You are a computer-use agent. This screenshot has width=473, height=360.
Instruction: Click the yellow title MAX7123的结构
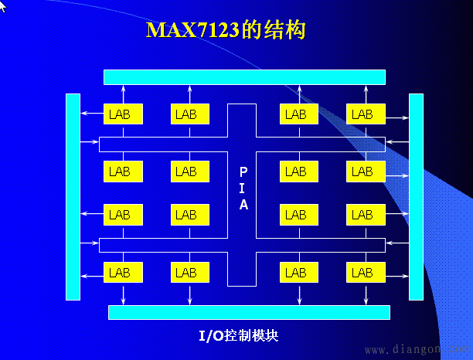(x=226, y=29)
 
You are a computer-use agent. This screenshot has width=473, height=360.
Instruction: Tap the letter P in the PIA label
(x=243, y=172)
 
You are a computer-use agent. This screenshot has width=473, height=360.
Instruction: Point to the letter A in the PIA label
(x=243, y=205)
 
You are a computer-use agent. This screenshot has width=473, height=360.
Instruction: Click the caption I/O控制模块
(x=238, y=335)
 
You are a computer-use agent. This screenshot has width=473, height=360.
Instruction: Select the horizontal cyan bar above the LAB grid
(x=244, y=77)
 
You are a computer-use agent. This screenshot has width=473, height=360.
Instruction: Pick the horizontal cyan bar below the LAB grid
(x=249, y=312)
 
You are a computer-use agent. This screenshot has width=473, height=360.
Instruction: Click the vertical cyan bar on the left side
(x=73, y=197)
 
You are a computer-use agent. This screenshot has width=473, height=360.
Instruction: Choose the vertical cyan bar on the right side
(x=416, y=197)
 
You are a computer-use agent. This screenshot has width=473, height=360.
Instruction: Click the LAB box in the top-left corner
(x=123, y=114)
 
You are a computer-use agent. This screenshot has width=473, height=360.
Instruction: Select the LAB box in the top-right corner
(x=366, y=114)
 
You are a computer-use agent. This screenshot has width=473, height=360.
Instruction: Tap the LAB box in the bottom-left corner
(x=123, y=272)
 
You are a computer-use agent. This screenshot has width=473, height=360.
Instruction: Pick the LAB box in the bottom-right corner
(x=366, y=272)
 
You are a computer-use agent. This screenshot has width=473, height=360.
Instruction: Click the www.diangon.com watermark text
(x=419, y=349)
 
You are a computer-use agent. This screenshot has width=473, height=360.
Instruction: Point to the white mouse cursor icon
(x=3, y=6)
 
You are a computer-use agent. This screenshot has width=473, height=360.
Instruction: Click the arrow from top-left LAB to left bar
(x=92, y=114)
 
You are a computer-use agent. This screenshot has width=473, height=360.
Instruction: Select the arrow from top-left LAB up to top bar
(x=123, y=94)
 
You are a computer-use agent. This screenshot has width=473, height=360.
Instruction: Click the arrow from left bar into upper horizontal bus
(x=90, y=141)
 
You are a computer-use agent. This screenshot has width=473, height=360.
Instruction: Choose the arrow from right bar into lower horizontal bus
(x=397, y=243)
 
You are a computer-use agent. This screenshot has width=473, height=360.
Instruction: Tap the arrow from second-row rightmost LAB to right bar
(x=397, y=175)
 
